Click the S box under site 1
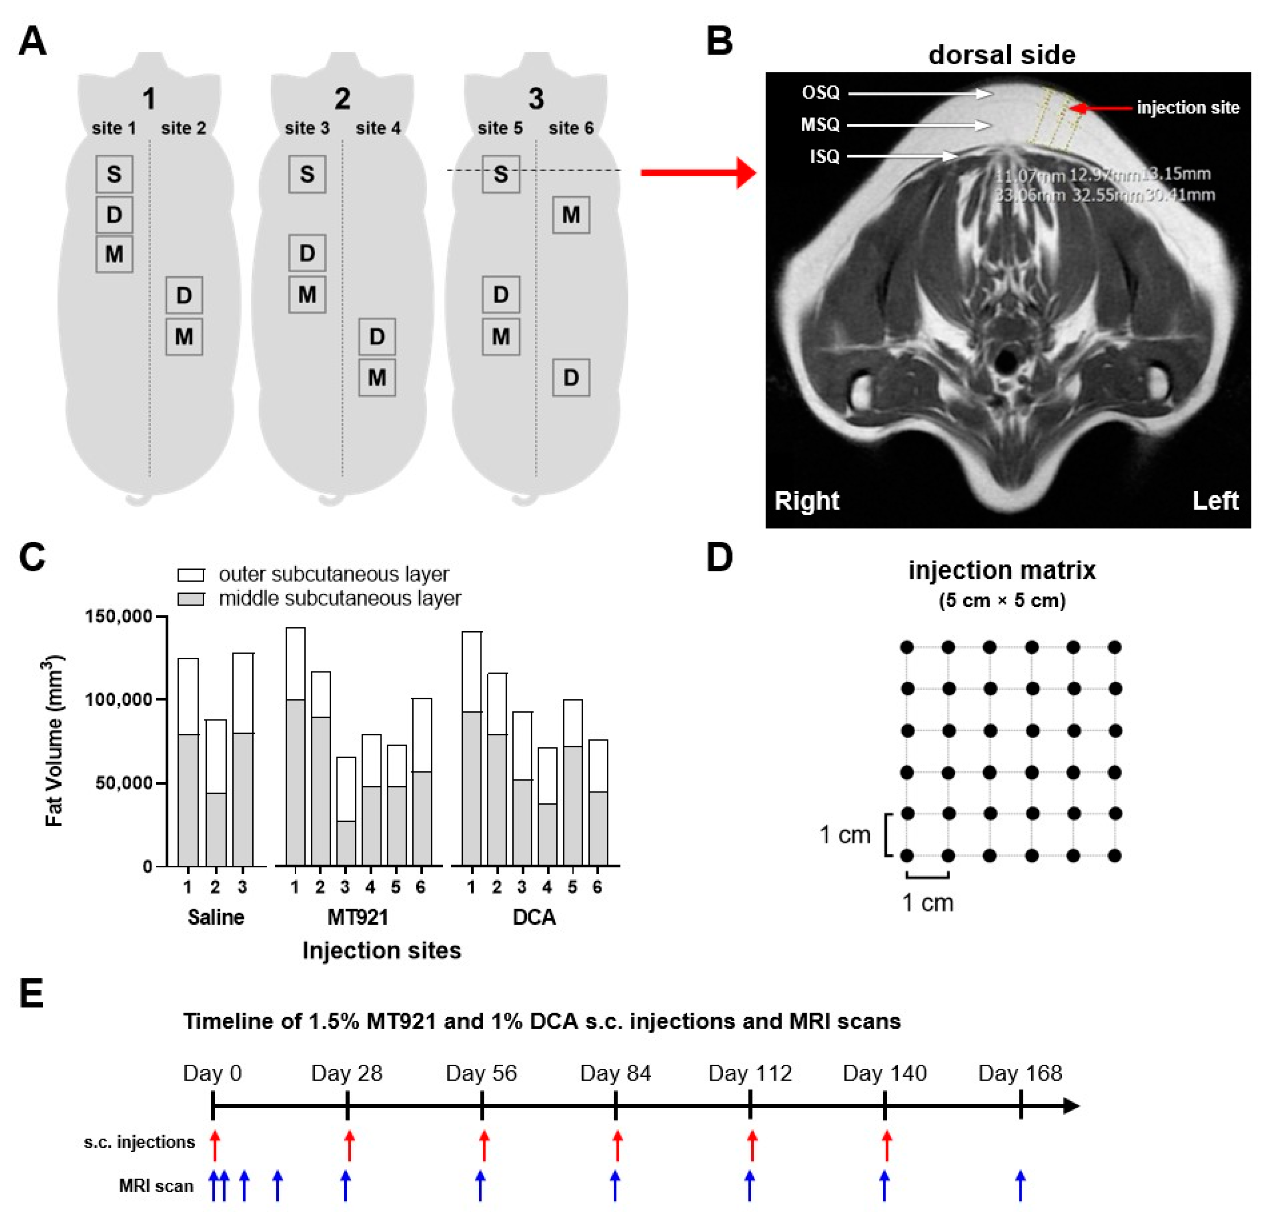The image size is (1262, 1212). click(114, 174)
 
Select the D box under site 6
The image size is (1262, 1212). click(571, 377)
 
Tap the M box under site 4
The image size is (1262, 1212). click(377, 377)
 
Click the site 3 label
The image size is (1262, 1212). click(306, 128)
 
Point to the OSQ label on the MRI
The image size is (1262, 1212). click(820, 93)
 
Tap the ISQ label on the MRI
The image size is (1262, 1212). click(824, 157)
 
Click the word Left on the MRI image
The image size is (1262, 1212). click(1214, 500)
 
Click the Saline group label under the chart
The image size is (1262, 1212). click(216, 917)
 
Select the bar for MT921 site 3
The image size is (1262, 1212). click(346, 812)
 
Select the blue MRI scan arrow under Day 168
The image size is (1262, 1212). click(1020, 1185)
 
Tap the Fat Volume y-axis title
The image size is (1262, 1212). click(54, 741)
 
